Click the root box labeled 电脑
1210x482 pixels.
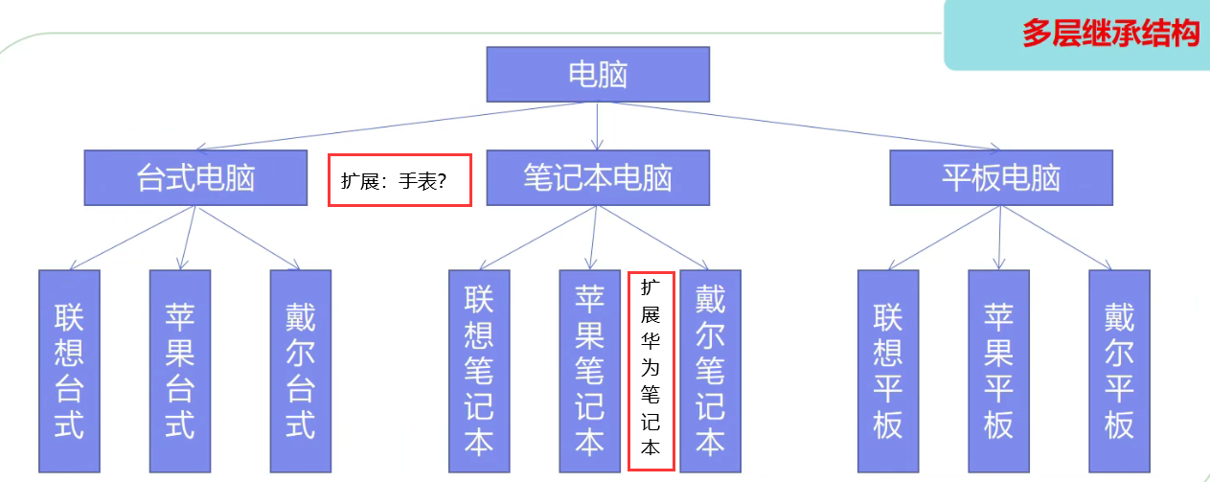[x=598, y=74]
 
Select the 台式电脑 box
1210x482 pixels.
[x=195, y=178]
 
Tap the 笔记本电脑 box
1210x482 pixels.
[x=598, y=178]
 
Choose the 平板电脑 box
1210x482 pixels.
[x=1001, y=178]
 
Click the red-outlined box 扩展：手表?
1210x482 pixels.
[x=400, y=180]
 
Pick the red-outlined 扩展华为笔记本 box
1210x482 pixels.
[x=651, y=371]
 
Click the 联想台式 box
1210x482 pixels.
[x=69, y=371]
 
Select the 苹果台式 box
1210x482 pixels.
[x=180, y=371]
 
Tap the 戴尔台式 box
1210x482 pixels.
[x=300, y=371]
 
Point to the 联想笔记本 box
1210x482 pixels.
[x=479, y=371]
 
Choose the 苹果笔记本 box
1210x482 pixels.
[x=589, y=371]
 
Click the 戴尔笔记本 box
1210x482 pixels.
[x=710, y=371]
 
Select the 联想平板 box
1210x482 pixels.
[x=888, y=371]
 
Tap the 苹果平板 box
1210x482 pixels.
[x=999, y=371]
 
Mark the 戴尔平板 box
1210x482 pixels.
[x=1119, y=371]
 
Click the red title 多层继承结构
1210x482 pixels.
[x=1110, y=33]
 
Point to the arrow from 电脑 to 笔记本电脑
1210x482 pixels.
[x=597, y=126]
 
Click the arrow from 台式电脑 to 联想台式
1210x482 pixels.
[x=132, y=238]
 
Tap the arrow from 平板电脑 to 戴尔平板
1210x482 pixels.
[x=1057, y=238]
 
